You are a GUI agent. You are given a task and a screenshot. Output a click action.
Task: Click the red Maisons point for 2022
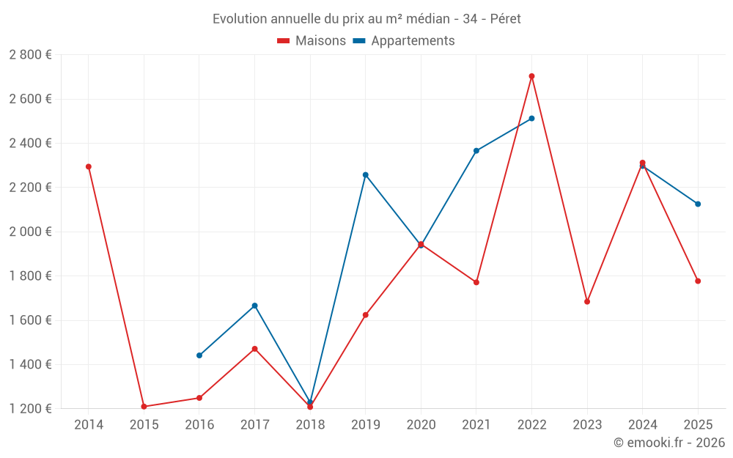coord(531,76)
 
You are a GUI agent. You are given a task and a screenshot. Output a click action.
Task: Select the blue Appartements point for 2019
coord(366,175)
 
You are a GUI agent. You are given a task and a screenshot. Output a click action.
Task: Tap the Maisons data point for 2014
coord(89,167)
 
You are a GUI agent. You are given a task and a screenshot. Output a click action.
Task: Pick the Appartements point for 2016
coord(199,355)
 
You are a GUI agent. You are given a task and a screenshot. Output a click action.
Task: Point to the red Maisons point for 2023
coord(587,302)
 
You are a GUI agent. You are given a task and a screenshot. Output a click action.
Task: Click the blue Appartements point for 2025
coord(698,204)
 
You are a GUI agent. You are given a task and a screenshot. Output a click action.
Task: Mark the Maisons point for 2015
coord(144,407)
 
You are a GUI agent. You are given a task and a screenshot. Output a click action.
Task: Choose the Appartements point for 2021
coord(476,151)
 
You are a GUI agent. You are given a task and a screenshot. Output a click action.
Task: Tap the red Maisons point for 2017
coord(254,349)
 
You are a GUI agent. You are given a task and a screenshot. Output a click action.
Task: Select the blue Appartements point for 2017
coord(254,306)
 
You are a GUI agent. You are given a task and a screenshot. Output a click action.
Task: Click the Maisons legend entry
coord(312,41)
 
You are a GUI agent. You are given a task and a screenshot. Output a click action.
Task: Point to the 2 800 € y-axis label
coord(30,55)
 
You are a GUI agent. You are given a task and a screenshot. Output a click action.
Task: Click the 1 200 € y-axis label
coord(30,409)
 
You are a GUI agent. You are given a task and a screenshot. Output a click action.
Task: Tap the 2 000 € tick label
coord(30,232)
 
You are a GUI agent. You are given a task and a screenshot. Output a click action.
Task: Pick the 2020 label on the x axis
coord(421,425)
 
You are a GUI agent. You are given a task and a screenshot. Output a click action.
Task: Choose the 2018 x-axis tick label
coord(310,425)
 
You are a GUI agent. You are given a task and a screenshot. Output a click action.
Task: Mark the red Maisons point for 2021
coord(476,282)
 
